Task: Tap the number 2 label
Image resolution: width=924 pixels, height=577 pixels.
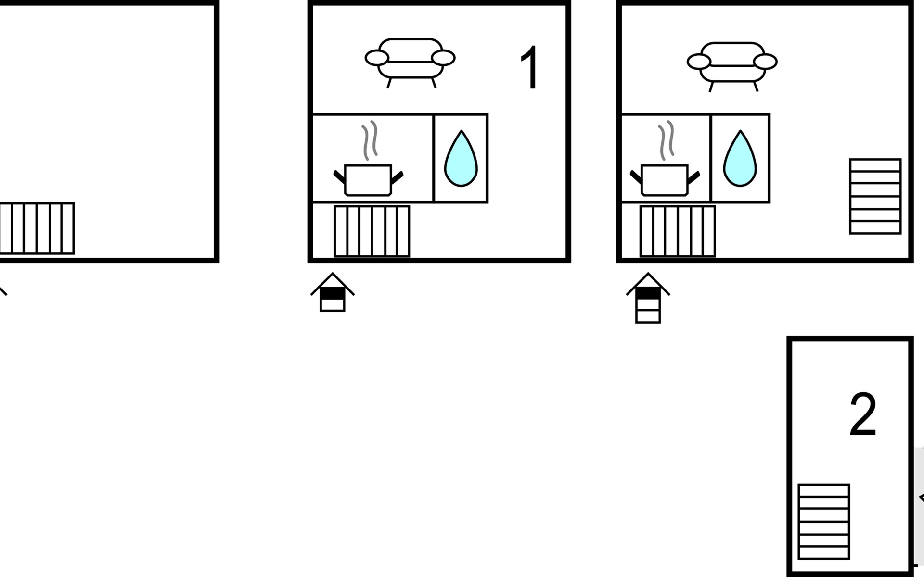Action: (862, 414)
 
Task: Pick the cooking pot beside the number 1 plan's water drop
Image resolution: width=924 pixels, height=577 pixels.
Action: (368, 180)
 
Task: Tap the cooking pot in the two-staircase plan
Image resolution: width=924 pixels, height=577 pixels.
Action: (665, 180)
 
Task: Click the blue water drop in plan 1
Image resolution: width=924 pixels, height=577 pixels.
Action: (461, 160)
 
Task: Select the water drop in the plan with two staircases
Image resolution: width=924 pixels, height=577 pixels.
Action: (740, 160)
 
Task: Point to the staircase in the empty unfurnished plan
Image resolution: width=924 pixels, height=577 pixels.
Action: (37, 228)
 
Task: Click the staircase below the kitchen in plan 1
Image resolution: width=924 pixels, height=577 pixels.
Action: (372, 231)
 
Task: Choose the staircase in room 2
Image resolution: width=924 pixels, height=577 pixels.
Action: (824, 522)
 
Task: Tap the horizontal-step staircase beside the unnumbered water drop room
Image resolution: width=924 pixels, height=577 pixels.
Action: (875, 196)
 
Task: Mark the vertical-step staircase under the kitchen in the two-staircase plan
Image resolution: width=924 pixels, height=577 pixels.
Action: (678, 231)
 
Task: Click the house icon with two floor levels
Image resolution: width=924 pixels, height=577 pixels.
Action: (333, 293)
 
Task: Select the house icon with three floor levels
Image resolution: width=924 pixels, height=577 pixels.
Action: (648, 299)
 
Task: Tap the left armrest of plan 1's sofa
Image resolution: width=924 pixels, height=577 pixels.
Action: (376, 58)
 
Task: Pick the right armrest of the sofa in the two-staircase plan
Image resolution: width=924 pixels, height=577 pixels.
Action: (765, 62)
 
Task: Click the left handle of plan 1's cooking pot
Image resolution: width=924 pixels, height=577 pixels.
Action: (339, 176)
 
